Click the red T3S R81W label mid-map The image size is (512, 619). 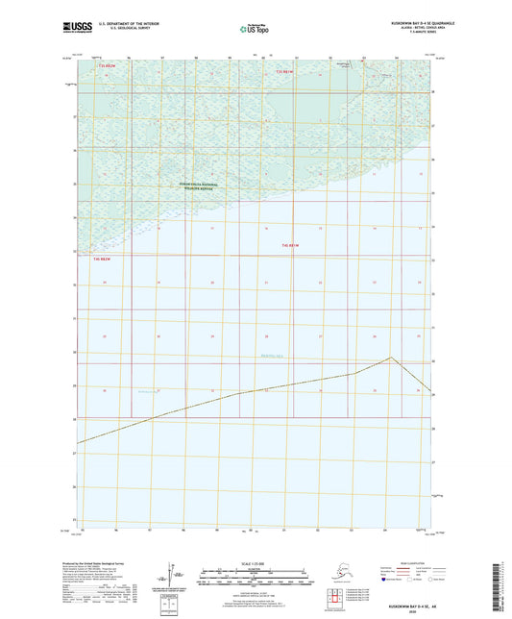pyautogui.click(x=292, y=245)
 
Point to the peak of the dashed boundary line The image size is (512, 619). pyautogui.click(x=391, y=358)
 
